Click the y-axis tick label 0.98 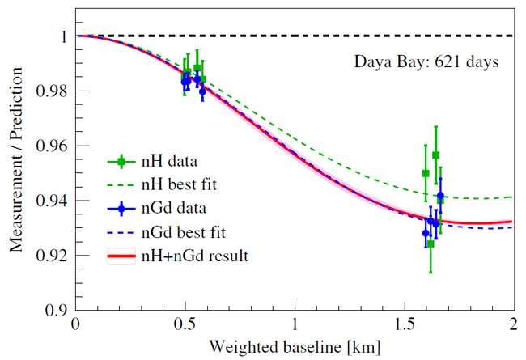53,91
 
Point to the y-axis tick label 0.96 53,146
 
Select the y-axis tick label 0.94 53,200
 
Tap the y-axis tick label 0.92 53,255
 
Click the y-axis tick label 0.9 57,310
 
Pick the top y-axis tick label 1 64,36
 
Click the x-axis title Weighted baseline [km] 295,347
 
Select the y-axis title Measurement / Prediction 16,172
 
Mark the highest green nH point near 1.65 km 435,155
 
